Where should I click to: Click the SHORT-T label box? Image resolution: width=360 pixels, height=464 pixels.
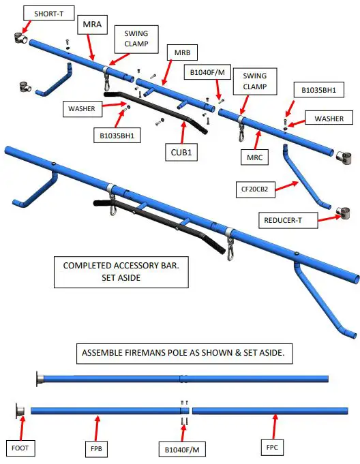(x=49, y=14)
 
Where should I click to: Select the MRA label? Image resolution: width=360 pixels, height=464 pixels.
(x=92, y=25)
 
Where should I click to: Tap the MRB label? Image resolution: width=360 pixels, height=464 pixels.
(x=182, y=52)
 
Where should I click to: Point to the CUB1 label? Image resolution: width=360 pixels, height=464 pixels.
(x=181, y=153)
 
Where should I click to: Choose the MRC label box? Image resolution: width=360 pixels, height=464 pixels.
(x=254, y=157)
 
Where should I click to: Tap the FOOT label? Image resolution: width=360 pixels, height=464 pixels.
(x=20, y=448)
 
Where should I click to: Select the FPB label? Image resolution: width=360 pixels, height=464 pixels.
(x=96, y=449)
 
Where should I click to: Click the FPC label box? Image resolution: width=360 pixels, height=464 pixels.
(x=272, y=447)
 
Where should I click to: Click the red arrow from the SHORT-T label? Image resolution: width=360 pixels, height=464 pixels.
(x=27, y=27)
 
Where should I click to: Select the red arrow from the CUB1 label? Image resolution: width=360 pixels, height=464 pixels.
(x=183, y=133)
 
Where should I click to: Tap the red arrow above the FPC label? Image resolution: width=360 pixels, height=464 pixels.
(x=275, y=427)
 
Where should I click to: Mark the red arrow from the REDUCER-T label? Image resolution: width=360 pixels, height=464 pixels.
(x=329, y=219)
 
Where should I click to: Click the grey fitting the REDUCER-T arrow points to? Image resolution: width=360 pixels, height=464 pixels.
(x=344, y=213)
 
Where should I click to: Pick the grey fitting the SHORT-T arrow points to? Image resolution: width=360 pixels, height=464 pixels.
(x=20, y=38)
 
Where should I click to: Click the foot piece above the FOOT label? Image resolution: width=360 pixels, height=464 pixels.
(x=20, y=411)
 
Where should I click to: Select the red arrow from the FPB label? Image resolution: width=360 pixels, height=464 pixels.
(x=97, y=428)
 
